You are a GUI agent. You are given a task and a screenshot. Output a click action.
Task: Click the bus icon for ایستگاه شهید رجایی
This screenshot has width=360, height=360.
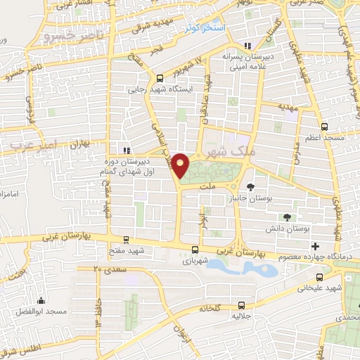pos(160,78)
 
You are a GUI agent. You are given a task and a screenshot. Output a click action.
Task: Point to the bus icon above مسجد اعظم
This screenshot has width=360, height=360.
pos(323,127)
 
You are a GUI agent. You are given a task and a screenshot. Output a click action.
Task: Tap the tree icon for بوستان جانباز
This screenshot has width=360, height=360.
pos(251,186)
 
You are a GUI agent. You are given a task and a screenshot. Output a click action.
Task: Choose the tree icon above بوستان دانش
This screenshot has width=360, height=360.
pos(287,217)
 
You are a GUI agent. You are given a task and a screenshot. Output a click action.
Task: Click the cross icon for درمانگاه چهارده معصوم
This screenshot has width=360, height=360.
pos(315,246)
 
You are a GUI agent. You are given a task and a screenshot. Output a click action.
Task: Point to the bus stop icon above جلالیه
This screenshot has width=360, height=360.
pos(241,305)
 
